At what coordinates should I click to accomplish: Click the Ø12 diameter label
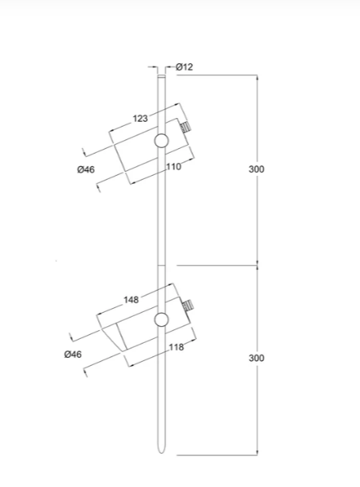pyautogui.click(x=184, y=67)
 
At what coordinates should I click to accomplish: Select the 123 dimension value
pyautogui.click(x=140, y=118)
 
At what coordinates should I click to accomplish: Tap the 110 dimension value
pyautogui.click(x=173, y=167)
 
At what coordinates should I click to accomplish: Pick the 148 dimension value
pyautogui.click(x=131, y=299)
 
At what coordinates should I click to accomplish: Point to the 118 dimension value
pyautogui.click(x=176, y=347)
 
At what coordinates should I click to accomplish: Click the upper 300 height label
pyautogui.click(x=256, y=169)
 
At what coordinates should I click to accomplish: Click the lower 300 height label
pyautogui.click(x=256, y=358)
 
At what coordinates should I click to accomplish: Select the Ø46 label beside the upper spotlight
pyautogui.click(x=86, y=169)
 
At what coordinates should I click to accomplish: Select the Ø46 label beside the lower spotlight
pyautogui.click(x=73, y=355)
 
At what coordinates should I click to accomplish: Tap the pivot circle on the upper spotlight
pyautogui.click(x=161, y=141)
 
